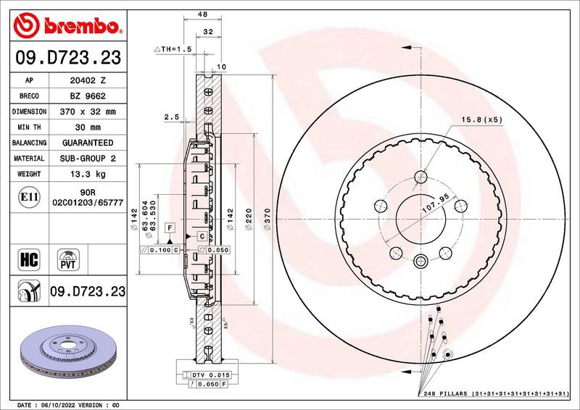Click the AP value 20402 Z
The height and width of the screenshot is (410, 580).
[88, 81]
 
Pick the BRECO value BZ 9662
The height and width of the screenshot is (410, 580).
[88, 96]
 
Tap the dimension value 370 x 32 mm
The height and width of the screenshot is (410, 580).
[88, 112]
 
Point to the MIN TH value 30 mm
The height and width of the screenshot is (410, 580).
[88, 127]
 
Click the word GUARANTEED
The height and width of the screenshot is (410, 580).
[88, 143]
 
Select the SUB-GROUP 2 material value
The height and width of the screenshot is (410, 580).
[88, 158]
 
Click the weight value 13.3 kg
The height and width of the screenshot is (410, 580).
[88, 174]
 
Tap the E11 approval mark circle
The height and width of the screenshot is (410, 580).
[30, 196]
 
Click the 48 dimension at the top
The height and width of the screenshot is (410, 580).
[203, 14]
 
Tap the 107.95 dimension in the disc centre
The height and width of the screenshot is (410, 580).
[435, 206]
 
